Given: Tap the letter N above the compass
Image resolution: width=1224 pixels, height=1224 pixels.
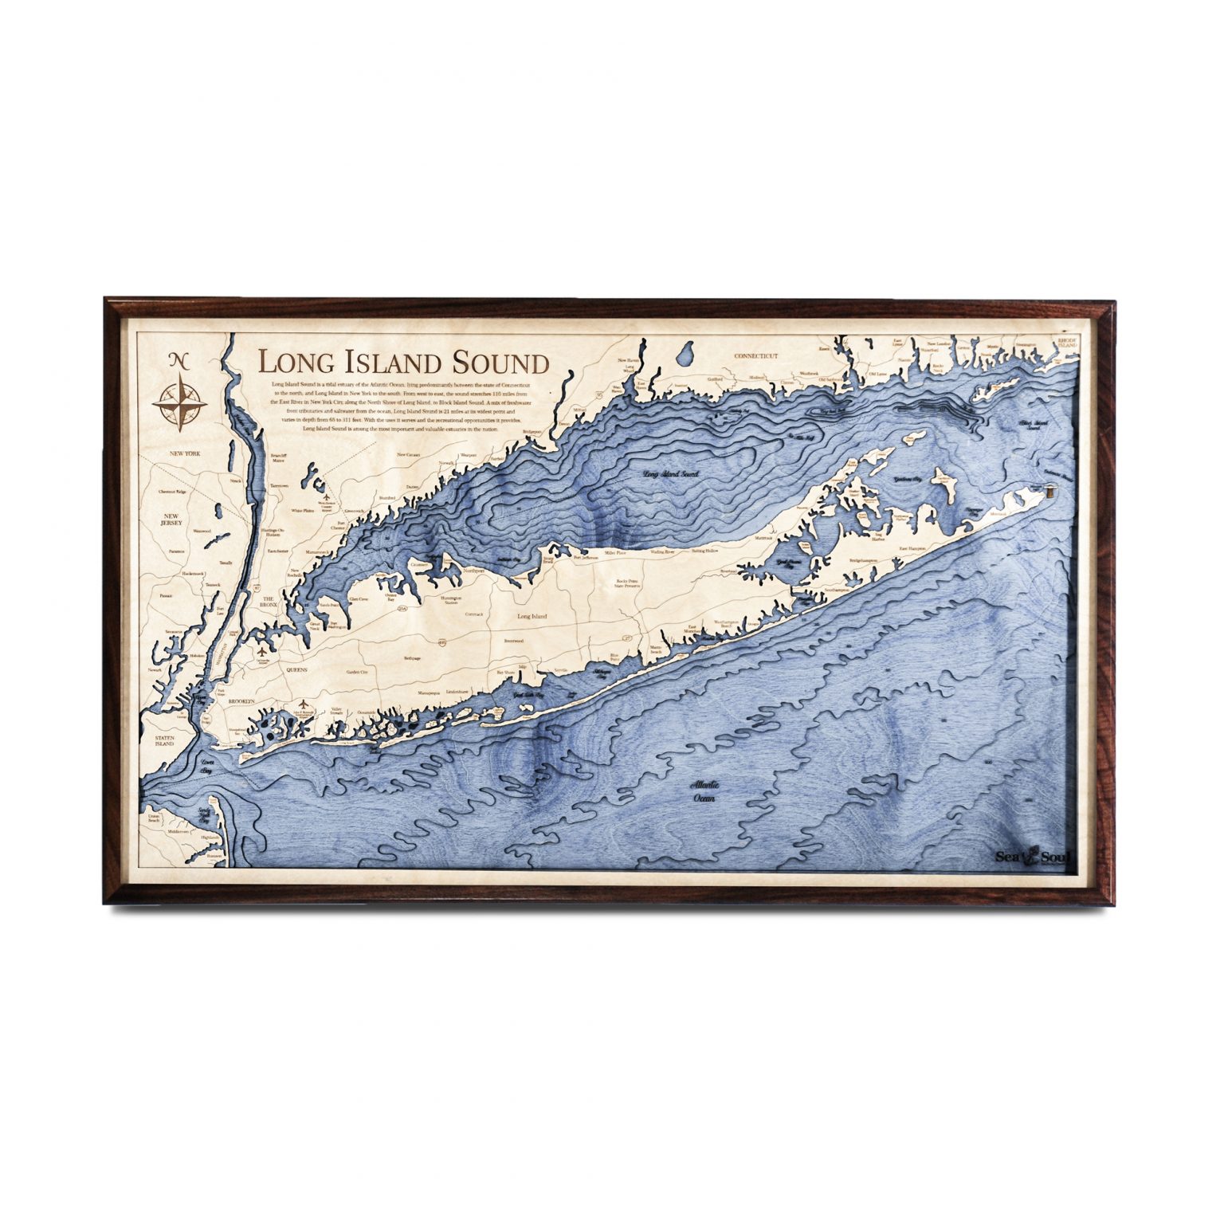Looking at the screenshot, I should click(x=180, y=360).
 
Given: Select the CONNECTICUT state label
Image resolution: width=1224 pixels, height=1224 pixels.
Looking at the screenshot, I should click(x=755, y=356).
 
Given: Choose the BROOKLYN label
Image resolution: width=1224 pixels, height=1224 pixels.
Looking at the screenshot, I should click(x=240, y=701).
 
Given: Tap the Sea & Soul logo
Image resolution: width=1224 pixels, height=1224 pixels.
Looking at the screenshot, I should click(x=1033, y=857).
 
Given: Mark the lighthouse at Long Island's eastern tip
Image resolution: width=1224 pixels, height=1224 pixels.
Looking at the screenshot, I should click(x=1053, y=491).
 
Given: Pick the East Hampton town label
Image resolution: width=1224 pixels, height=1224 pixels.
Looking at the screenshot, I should click(x=913, y=548).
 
